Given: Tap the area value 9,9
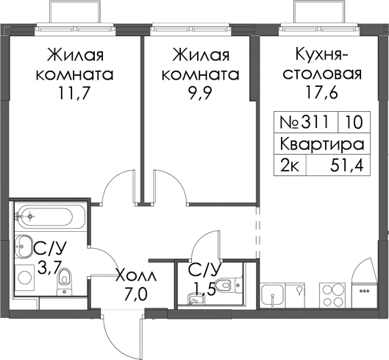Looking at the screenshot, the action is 200,93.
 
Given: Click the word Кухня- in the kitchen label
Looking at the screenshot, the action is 322,55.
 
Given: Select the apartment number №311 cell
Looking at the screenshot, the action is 307,122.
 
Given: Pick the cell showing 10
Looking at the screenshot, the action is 354,122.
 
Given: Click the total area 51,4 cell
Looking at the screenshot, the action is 338,165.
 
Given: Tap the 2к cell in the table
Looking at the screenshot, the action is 290,165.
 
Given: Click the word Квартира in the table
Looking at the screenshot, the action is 322,144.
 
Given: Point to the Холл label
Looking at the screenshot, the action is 136,276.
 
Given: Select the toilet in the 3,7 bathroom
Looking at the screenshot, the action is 64,281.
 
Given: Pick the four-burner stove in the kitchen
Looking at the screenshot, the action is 332,295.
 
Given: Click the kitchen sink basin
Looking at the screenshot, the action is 272,295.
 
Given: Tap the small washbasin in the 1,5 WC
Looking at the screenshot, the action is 196,299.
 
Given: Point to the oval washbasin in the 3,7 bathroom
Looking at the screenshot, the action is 24,246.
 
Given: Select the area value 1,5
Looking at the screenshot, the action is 204,289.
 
